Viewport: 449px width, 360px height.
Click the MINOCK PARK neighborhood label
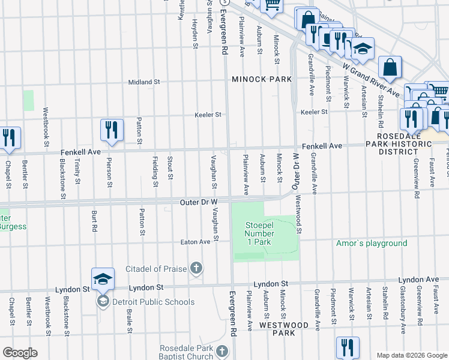point(262,79)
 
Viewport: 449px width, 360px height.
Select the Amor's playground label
point(371,243)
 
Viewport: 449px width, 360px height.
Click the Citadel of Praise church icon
point(196,268)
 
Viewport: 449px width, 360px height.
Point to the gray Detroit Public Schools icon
point(102,301)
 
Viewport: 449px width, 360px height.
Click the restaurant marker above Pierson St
point(112,130)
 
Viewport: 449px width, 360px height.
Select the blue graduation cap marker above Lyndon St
point(103,278)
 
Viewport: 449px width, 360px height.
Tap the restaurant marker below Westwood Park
point(347,347)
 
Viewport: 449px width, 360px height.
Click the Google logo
point(19,353)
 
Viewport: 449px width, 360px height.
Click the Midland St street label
point(144,82)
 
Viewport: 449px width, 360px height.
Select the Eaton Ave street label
point(196,242)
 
